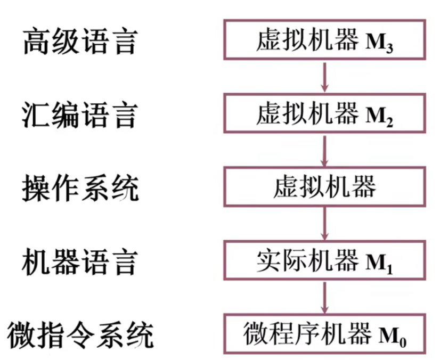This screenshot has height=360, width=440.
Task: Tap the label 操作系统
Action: tap(80, 188)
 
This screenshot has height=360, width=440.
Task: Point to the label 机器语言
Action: tap(80, 261)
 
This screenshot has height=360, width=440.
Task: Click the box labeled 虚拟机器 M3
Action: tap(324, 39)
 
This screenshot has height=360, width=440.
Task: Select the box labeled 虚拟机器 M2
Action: tap(324, 113)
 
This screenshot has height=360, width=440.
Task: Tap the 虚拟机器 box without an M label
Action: tap(324, 186)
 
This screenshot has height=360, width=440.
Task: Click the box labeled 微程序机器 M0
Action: tap(324, 334)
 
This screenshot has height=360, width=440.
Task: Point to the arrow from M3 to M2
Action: tap(324, 76)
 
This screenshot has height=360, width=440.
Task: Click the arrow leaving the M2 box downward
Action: tap(324, 150)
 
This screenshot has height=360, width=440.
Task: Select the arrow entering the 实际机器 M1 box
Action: tap(324, 223)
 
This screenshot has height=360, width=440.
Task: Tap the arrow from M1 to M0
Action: tap(324, 297)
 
